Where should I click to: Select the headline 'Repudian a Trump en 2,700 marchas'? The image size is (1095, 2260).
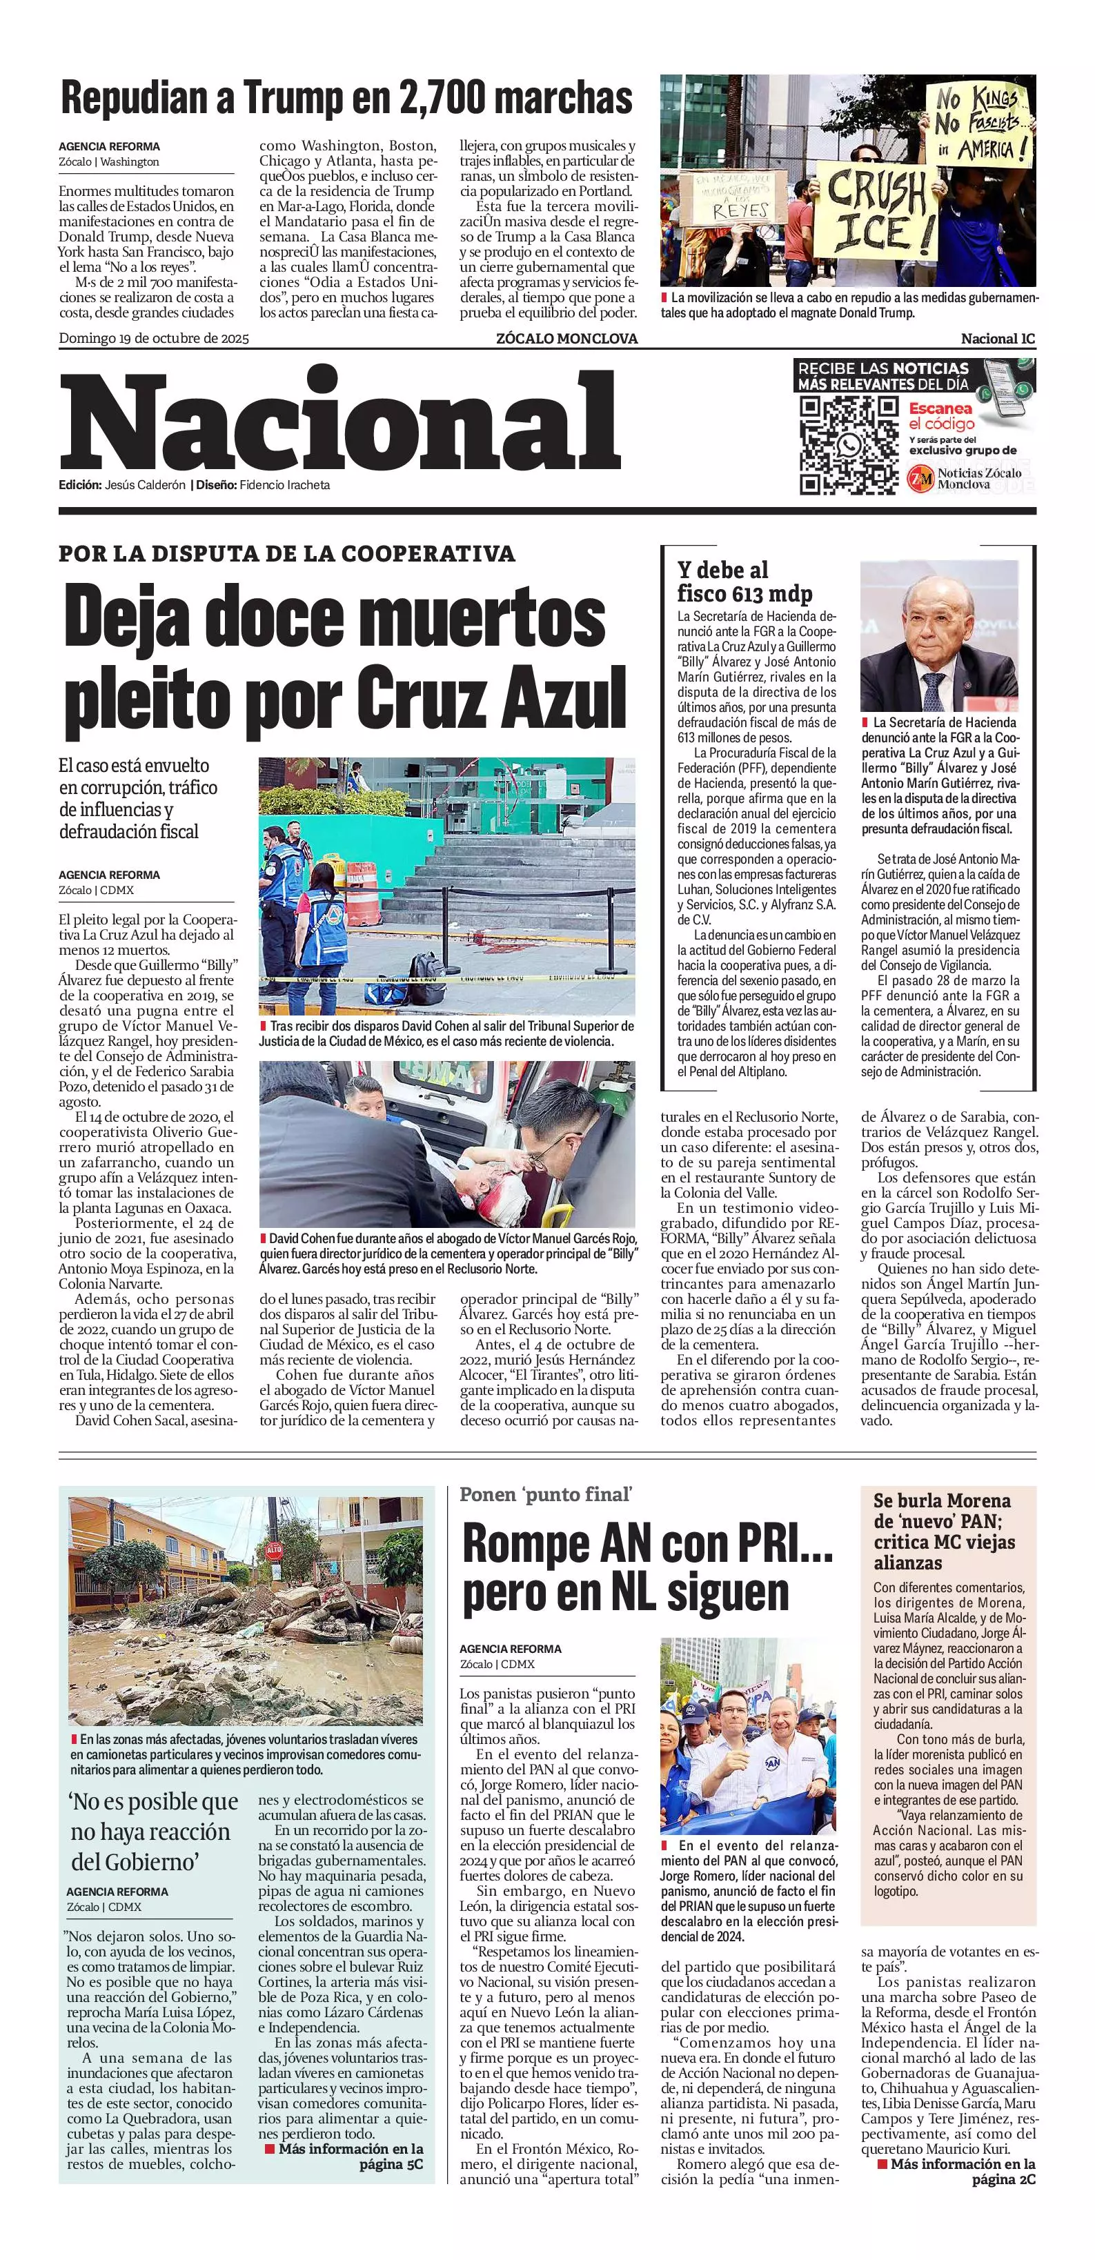[x=346, y=98]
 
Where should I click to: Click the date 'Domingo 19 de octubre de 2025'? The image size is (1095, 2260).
[x=154, y=339]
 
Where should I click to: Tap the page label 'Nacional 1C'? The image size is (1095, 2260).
[x=998, y=339]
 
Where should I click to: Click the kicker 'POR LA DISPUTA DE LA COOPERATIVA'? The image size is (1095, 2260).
[x=287, y=553]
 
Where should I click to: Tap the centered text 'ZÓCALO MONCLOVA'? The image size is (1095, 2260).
[x=566, y=339]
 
